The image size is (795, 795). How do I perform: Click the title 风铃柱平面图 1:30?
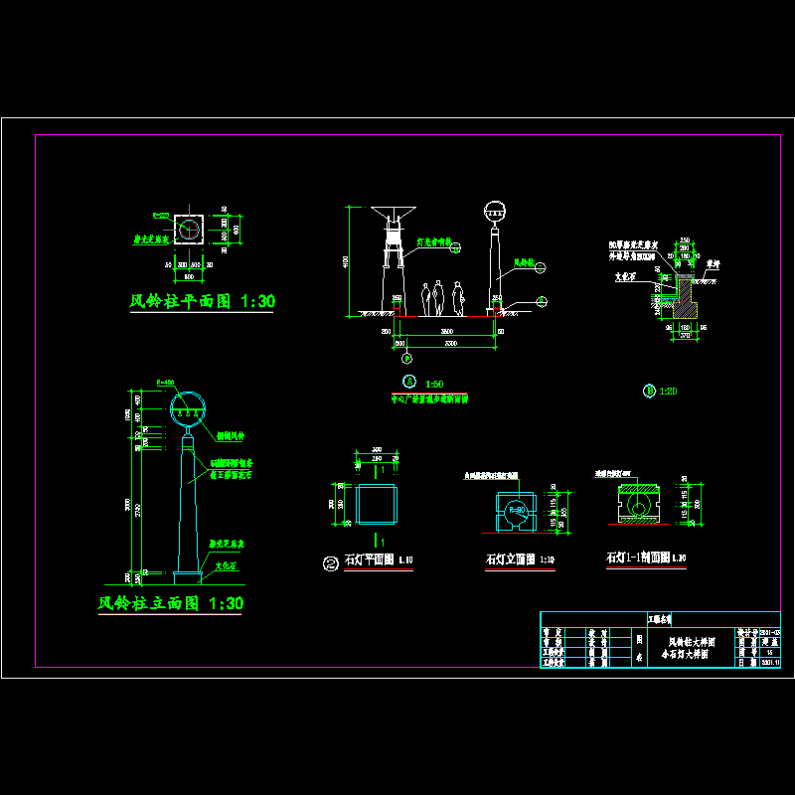coord(203,300)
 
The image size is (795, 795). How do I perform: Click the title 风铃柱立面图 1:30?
coord(170,603)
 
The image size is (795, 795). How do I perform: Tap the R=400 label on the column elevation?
coord(166,383)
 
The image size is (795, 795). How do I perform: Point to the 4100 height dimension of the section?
coord(345,260)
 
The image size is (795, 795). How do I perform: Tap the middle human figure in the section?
coord(437,298)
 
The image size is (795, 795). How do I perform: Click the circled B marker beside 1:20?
coord(650,391)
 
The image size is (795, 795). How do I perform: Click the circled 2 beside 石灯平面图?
coord(330,562)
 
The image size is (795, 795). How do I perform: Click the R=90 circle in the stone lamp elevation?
coord(516,512)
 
